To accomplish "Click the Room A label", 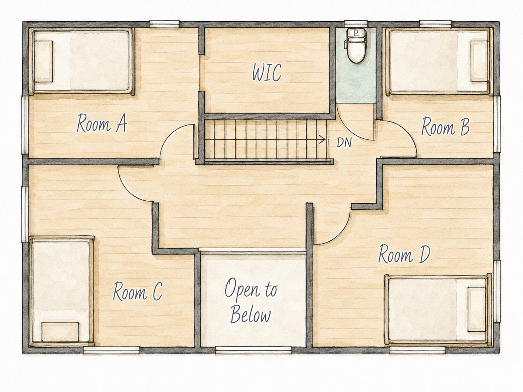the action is coord(102,123).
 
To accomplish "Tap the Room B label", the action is coord(445,127).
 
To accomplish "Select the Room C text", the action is coord(138,291).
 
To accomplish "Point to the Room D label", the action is coord(404,254).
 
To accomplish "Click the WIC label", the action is coord(267,72).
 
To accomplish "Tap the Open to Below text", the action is coord(251,301).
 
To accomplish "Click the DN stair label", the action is coord(344,143).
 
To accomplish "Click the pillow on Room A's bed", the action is coord(43,61).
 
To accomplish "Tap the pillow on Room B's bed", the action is coord(479,61).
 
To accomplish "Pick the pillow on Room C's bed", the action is coord(60,332).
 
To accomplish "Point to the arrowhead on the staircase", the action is coord(323,139).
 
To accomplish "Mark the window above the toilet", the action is coord(355,24).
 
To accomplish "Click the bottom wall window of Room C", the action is coord(111,350).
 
